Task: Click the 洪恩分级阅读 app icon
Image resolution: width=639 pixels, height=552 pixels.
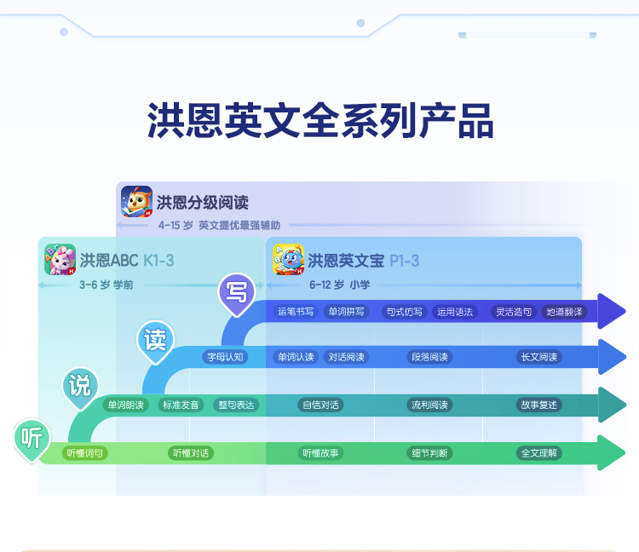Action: [x=136, y=202]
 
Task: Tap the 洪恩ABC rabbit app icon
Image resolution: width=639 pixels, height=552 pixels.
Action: [x=60, y=260]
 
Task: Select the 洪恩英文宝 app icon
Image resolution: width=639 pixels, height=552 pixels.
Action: [x=288, y=260]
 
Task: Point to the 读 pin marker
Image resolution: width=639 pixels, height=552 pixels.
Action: [x=155, y=341]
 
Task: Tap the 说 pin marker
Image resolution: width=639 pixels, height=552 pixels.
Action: [x=79, y=386]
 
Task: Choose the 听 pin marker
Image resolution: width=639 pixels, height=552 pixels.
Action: [x=32, y=438]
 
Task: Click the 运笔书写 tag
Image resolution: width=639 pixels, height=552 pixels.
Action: [x=296, y=312]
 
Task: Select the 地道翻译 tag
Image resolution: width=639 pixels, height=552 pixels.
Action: [x=565, y=312]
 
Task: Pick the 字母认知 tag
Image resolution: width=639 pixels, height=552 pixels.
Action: [x=225, y=357]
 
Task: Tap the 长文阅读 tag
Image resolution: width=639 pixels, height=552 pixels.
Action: [x=538, y=357]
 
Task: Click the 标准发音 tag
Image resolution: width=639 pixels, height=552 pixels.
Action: [x=181, y=405]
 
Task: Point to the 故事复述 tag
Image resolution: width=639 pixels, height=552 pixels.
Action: [x=538, y=405]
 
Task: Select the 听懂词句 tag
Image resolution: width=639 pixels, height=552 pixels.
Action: [x=85, y=453]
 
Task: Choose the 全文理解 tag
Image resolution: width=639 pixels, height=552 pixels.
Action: [x=538, y=453]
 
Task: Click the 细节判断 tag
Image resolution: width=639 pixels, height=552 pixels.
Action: [x=429, y=453]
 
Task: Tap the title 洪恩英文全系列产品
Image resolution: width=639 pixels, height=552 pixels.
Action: [x=319, y=120]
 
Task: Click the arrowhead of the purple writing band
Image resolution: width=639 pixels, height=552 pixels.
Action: [x=612, y=311]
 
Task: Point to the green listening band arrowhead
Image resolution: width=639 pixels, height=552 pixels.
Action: [x=612, y=452]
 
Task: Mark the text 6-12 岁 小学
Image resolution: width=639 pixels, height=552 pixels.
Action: [x=339, y=285]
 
